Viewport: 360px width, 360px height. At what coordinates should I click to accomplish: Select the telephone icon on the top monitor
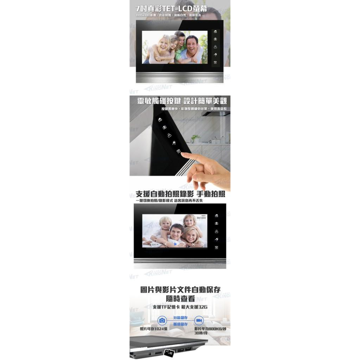click(215, 62)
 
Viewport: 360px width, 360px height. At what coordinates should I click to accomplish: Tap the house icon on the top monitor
click(215, 32)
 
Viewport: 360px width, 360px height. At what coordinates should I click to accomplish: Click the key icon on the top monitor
click(215, 54)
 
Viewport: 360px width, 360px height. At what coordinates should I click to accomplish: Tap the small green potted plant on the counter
click(195, 138)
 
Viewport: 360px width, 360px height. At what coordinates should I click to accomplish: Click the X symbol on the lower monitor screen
click(193, 244)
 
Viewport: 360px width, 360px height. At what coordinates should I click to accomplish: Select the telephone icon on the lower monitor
click(217, 247)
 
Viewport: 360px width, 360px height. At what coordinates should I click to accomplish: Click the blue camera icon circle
click(162, 320)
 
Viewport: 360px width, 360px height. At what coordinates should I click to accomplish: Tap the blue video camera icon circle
click(199, 320)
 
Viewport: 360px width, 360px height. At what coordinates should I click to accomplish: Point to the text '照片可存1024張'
click(154, 328)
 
